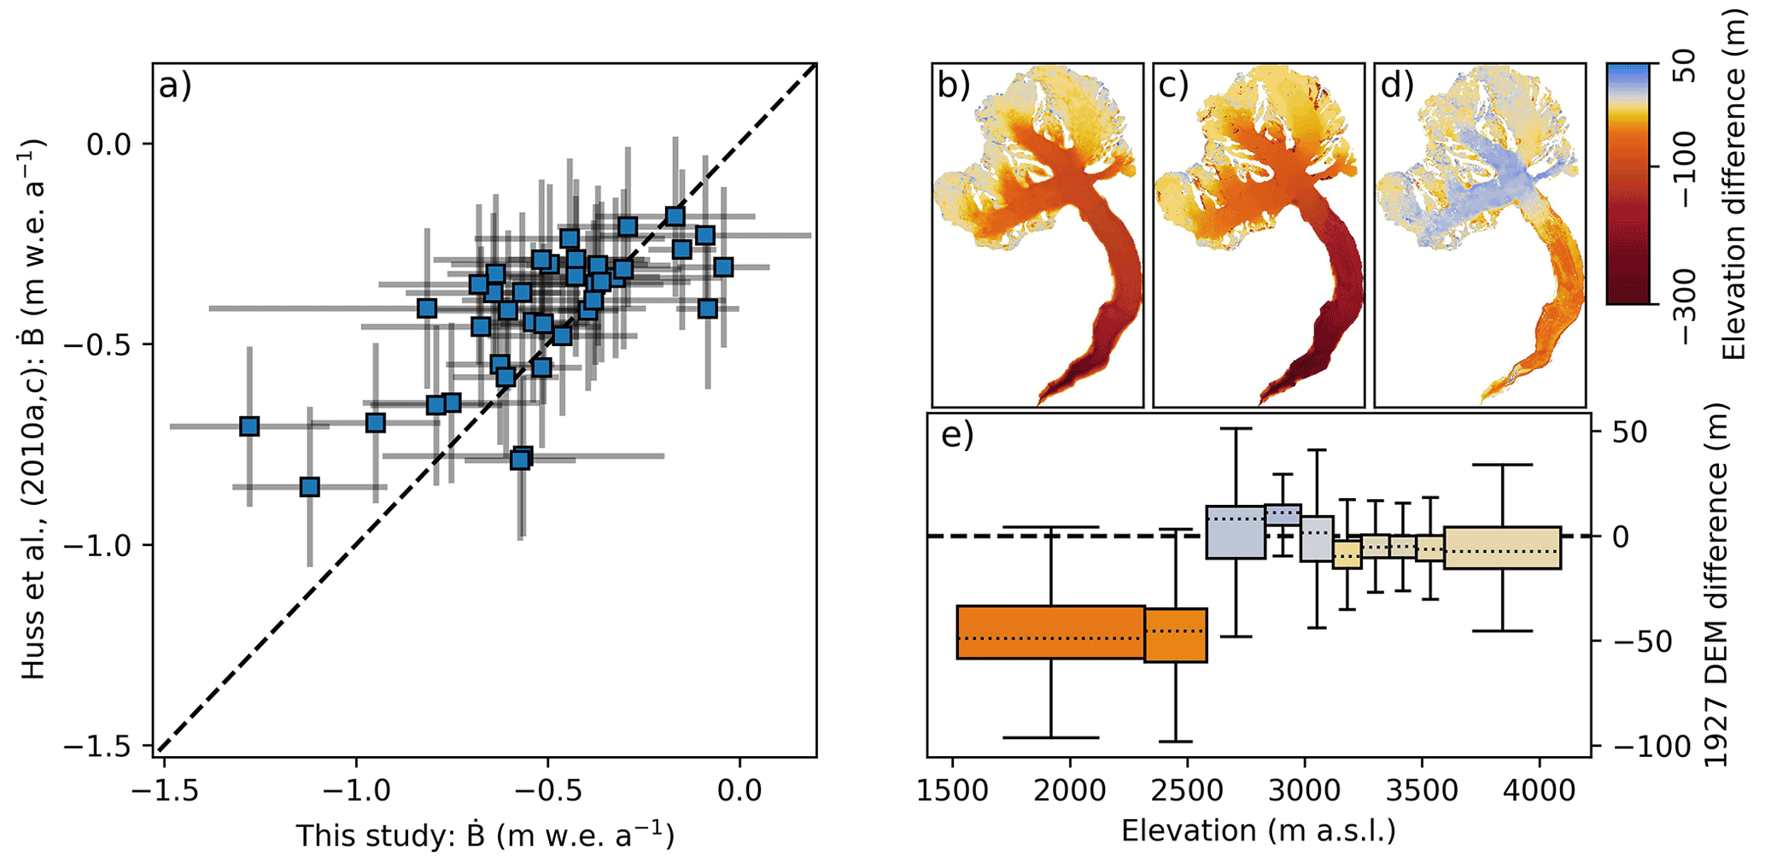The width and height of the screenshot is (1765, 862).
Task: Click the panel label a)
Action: [175, 86]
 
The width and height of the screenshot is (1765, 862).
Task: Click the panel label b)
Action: [954, 86]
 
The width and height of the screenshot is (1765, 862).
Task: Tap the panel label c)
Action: [1175, 86]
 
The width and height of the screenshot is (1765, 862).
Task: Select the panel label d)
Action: [1397, 86]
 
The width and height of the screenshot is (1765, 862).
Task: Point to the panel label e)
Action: [957, 436]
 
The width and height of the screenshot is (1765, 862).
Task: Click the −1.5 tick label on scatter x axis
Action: [165, 790]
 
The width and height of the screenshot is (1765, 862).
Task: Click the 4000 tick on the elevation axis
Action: [1540, 790]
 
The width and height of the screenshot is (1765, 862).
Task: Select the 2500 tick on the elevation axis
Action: [1187, 790]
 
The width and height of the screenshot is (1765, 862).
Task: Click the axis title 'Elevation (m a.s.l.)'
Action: [1259, 830]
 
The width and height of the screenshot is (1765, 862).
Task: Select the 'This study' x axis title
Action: [485, 836]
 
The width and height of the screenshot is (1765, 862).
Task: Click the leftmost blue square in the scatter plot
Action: [249, 425]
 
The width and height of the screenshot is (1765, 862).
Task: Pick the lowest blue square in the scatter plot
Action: [310, 487]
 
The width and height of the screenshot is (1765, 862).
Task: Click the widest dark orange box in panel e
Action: [1050, 632]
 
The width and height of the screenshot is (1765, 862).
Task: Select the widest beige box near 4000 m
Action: [1502, 548]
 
